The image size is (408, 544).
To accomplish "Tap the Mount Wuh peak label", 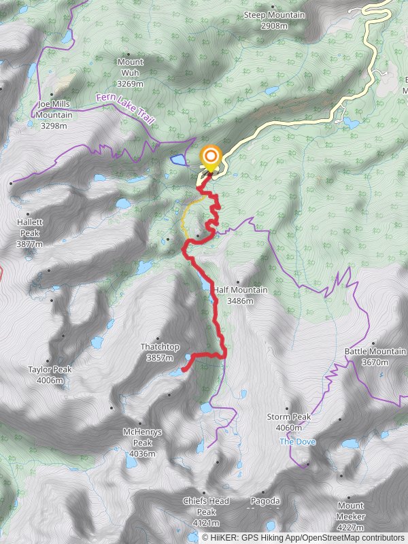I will pyautogui.click(x=130, y=73).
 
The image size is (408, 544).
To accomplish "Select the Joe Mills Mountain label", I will pyautogui.click(x=54, y=115).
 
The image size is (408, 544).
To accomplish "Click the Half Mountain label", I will pyautogui.click(x=240, y=295).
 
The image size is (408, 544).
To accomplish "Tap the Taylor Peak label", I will pyautogui.click(x=50, y=375).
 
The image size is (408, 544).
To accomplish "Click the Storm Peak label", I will pyautogui.click(x=289, y=422).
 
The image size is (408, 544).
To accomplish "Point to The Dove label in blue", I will pyautogui.click(x=294, y=441).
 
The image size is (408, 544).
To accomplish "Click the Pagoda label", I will pyautogui.click(x=266, y=501).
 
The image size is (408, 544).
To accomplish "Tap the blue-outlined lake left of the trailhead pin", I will pyautogui.click(x=178, y=160).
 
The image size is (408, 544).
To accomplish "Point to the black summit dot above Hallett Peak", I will pyautogui.click(x=12, y=184).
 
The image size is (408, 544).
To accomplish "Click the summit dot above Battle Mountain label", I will pyautogui.click(x=373, y=343).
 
